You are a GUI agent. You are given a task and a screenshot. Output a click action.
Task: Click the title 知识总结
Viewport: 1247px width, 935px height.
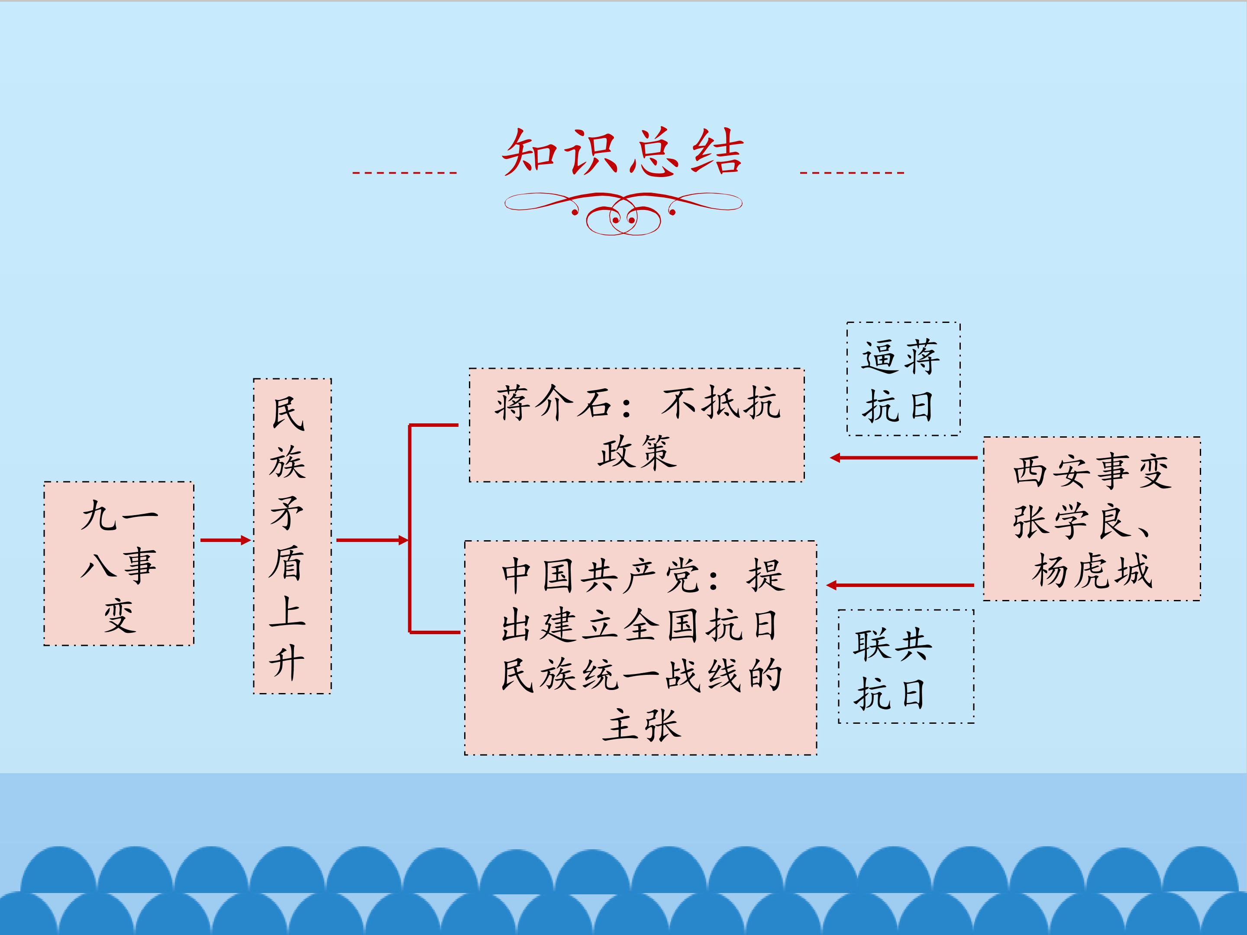click(x=623, y=152)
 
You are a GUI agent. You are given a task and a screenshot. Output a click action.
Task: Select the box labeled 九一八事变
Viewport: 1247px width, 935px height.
click(x=119, y=564)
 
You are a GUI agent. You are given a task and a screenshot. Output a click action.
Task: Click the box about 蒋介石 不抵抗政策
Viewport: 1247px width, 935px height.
click(x=637, y=425)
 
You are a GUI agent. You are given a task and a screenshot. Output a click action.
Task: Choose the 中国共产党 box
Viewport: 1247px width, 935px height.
click(x=640, y=648)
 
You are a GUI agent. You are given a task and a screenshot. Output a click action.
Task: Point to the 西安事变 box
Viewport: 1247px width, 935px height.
click(x=1092, y=519)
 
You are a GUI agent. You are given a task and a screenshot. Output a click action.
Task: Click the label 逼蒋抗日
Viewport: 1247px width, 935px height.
click(x=904, y=379)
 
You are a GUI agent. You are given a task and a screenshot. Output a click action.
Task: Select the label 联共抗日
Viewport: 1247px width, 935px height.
click(x=906, y=666)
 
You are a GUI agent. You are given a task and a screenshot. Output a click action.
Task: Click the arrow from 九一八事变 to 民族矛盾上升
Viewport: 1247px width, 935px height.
click(x=226, y=541)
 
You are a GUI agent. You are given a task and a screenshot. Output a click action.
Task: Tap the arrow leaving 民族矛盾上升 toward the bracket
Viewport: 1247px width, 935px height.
click(x=372, y=541)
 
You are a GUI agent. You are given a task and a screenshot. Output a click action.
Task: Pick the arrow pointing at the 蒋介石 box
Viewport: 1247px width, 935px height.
click(x=904, y=458)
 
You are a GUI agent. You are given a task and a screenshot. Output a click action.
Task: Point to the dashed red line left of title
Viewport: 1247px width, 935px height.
click(x=404, y=172)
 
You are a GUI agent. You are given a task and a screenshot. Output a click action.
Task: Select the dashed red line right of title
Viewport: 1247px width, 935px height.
click(x=852, y=172)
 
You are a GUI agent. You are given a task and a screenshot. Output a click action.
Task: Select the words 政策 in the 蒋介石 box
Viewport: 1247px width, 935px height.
click(x=637, y=451)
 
